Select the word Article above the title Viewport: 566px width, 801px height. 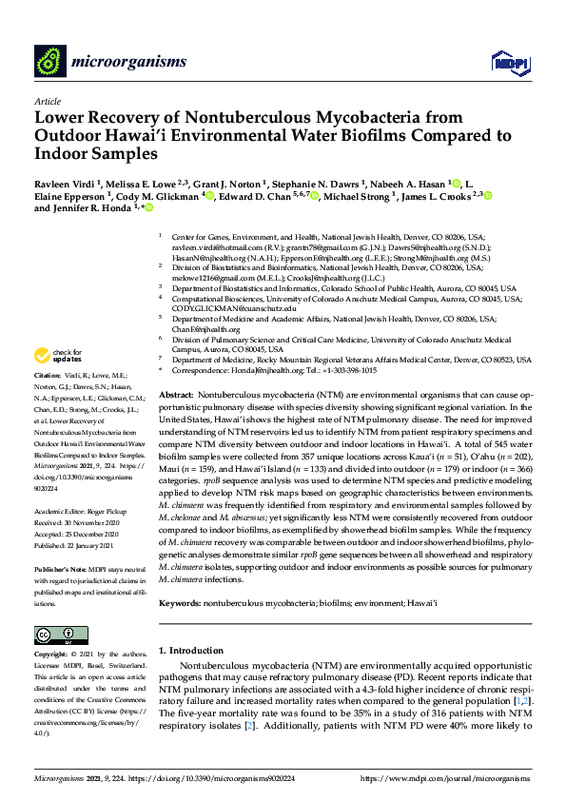point(47,101)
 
